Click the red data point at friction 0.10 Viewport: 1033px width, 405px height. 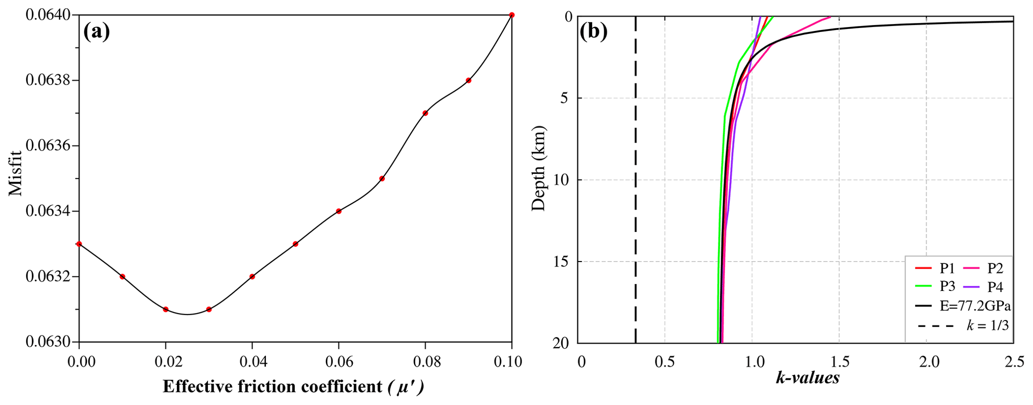point(511,15)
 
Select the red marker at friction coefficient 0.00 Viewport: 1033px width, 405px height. point(79,244)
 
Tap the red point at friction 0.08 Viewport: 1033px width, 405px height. point(425,113)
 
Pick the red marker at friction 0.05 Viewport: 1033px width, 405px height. point(295,244)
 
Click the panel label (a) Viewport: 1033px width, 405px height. point(96,32)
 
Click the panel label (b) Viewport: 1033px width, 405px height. point(594,32)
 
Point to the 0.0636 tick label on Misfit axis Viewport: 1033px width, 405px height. point(47,146)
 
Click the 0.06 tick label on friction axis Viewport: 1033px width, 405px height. point(338,361)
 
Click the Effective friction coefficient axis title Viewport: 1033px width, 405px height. point(293,386)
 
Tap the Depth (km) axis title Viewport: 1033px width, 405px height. point(539,169)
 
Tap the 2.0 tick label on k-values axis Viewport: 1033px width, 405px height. point(926,361)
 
